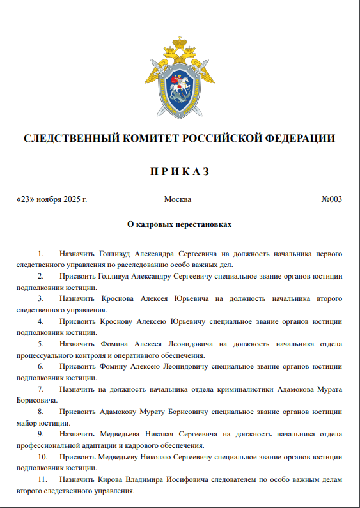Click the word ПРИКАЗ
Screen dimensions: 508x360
pos(180,172)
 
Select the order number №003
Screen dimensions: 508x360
pos(331,199)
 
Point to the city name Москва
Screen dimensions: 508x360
pos(178,199)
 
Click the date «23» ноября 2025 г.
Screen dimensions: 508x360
pos(52,199)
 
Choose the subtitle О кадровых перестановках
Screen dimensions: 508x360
pos(180,225)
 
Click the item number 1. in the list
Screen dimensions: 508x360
pos(42,254)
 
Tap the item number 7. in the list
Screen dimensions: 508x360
pos(42,389)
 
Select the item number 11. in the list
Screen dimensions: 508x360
pos(43,479)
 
